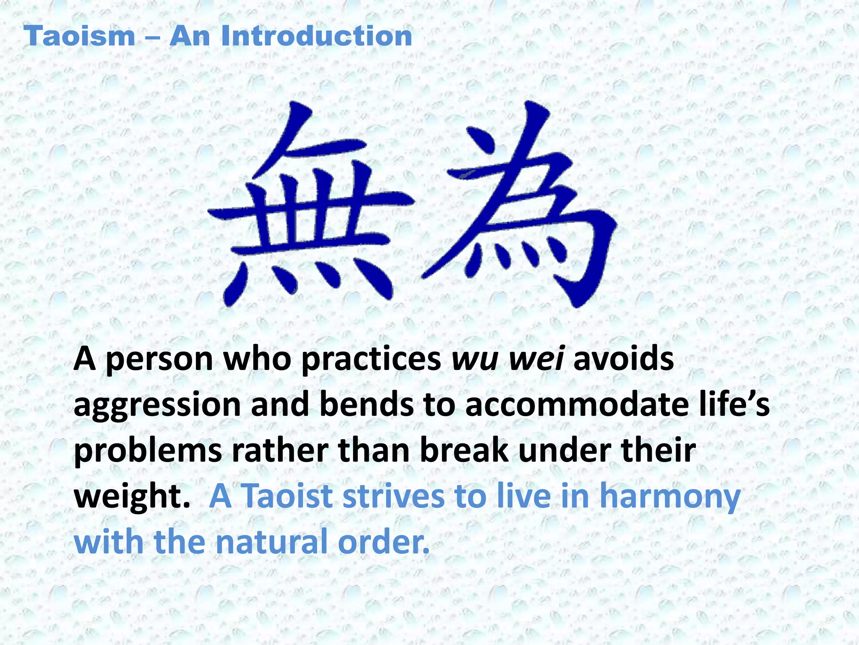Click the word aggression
pyautogui.click(x=157, y=406)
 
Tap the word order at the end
pyautogui.click(x=384, y=542)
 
